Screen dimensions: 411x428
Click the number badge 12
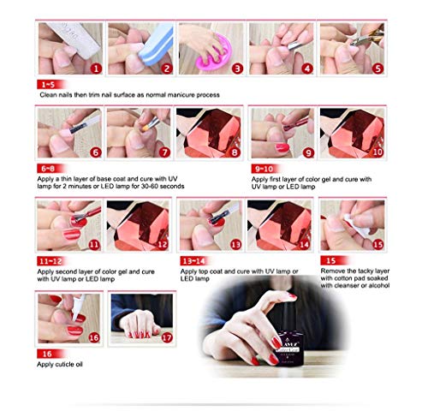163,244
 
